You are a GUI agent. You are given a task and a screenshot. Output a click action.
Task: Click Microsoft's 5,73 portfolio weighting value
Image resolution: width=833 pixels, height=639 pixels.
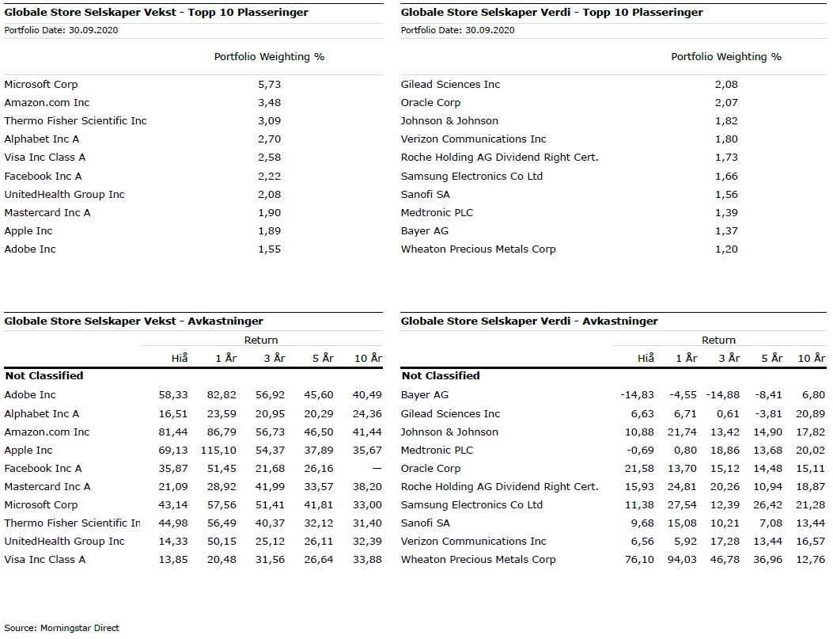point(269,85)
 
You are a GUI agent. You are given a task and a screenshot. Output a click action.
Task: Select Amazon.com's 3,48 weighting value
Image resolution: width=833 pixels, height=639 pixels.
point(269,103)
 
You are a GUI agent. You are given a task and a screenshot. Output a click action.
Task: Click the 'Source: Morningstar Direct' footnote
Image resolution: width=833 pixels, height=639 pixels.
point(62,628)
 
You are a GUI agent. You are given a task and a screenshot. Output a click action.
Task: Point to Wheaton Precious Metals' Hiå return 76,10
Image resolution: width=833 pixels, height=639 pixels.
point(640,560)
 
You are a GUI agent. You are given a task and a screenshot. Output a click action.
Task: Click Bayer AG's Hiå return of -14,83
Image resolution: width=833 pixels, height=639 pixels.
point(638,395)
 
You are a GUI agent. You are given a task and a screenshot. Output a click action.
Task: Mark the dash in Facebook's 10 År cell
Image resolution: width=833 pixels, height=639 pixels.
point(377,469)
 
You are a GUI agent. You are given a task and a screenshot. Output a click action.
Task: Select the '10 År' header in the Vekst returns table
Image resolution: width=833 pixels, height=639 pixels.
point(368,359)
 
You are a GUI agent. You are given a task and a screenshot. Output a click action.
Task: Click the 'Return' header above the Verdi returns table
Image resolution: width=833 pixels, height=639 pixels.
point(718,340)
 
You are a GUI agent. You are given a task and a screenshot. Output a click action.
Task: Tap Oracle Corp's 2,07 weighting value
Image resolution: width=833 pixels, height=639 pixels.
point(726,103)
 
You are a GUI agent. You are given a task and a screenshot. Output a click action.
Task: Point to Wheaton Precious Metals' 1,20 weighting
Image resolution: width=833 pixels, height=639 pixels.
point(726,249)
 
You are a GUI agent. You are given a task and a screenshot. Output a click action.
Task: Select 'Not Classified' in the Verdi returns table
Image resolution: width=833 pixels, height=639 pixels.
point(441,376)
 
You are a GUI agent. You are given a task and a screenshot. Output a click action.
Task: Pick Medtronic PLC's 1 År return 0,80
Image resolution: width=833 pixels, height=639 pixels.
point(686,451)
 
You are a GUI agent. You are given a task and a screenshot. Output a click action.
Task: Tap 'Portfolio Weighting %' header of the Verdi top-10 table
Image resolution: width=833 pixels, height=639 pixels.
point(726,57)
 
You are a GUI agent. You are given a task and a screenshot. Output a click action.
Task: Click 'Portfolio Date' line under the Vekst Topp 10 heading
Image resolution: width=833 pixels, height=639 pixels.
point(61,31)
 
